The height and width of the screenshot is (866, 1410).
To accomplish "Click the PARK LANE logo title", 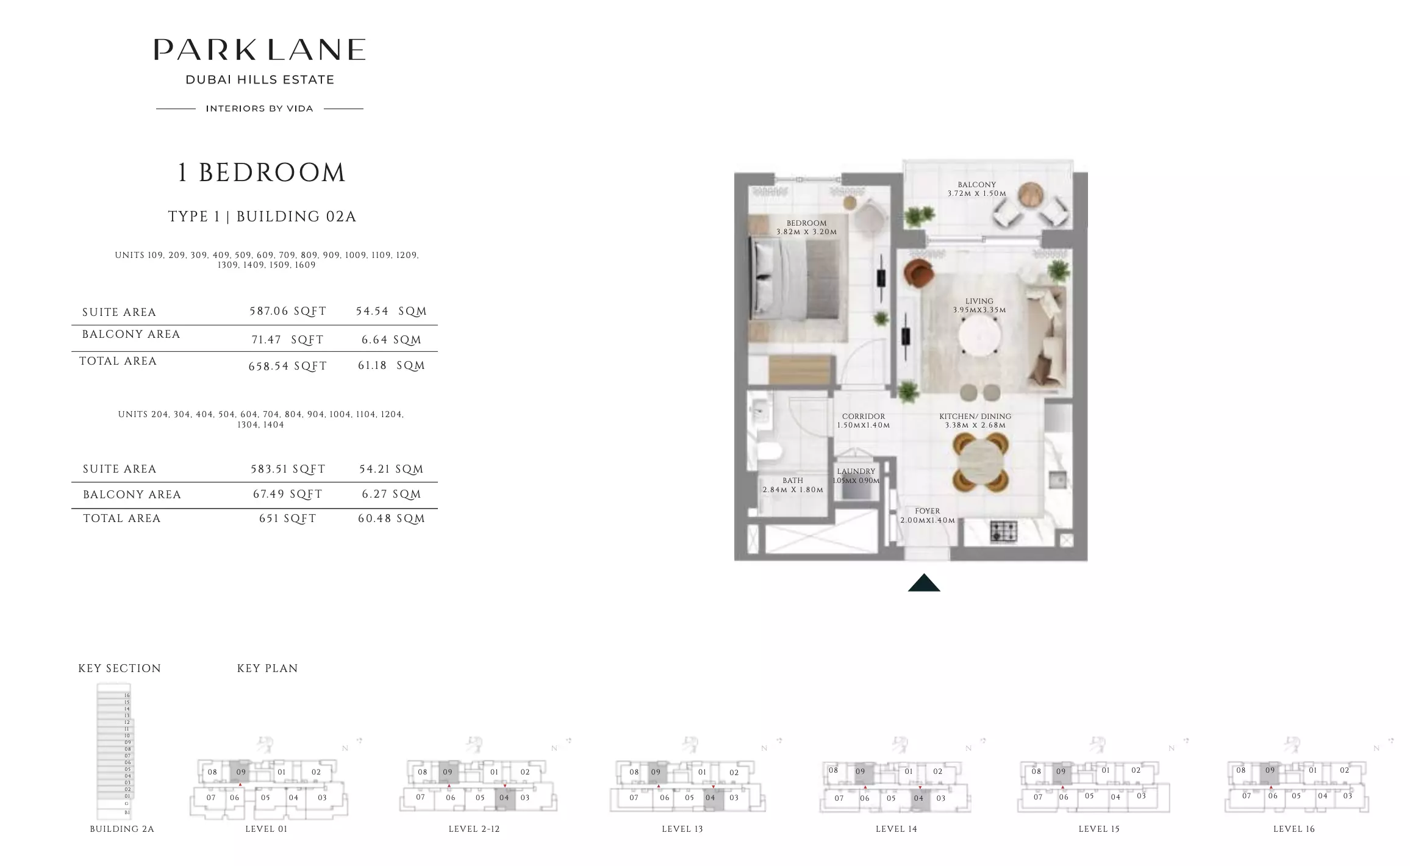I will pyautogui.click(x=259, y=50).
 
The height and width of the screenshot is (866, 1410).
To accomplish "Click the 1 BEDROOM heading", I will pyautogui.click(x=261, y=173).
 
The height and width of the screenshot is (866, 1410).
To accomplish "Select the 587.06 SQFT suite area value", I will pyautogui.click(x=288, y=312).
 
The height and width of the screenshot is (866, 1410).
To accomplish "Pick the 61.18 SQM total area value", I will pyautogui.click(x=391, y=366).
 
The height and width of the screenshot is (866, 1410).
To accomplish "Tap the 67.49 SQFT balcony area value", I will pyautogui.click(x=287, y=495).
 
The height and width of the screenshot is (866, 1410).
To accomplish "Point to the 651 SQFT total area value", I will pyautogui.click(x=287, y=519).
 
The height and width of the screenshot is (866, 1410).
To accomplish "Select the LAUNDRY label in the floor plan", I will pyautogui.click(x=856, y=471).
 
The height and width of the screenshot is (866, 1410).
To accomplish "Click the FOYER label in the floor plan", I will pyautogui.click(x=927, y=511).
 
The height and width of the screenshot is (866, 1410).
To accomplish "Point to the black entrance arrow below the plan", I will pyautogui.click(x=923, y=584).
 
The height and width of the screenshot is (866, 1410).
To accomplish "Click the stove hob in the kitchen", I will pyautogui.click(x=1003, y=531).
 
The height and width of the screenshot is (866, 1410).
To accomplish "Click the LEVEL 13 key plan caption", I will pyautogui.click(x=682, y=829).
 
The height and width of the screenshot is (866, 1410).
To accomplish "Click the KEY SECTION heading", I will pyautogui.click(x=120, y=668).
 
